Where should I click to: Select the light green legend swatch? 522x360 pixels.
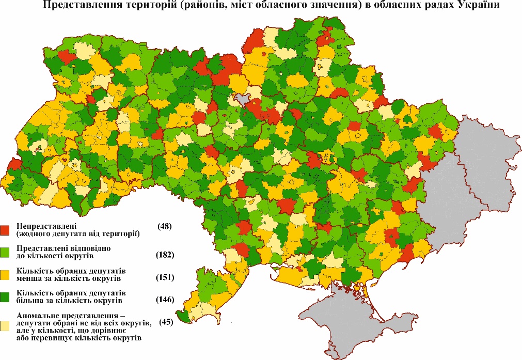click(5, 252)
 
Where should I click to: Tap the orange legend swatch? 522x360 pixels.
click(5, 274)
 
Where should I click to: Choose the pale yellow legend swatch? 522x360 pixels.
click(5, 325)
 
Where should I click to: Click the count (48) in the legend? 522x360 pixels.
click(164, 227)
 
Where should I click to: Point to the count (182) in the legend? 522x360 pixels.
click(165, 255)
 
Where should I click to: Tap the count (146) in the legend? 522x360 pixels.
click(165, 300)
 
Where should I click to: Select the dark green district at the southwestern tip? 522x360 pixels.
click(182, 315)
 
